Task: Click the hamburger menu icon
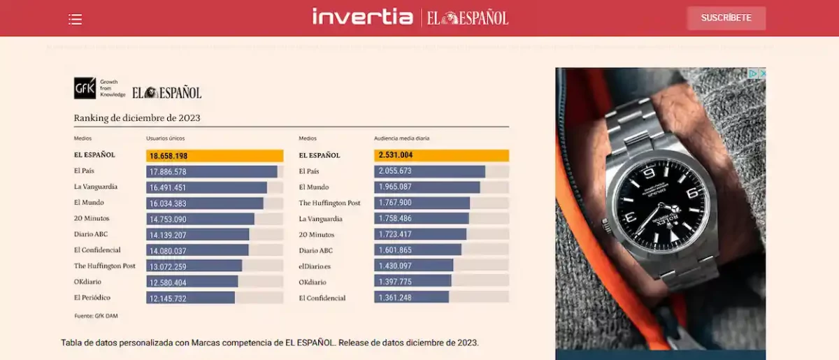pyautogui.click(x=75, y=20)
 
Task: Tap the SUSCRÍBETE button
pyautogui.click(x=726, y=18)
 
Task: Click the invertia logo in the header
pyautogui.click(x=362, y=17)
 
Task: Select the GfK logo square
pyautogui.click(x=85, y=88)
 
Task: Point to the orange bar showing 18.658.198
pyautogui.click(x=214, y=156)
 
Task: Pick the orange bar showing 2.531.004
pyautogui.click(x=441, y=156)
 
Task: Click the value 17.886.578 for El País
pyautogui.click(x=168, y=172)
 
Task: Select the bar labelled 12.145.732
pyautogui.click(x=190, y=298)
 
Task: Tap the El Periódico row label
pyautogui.click(x=92, y=298)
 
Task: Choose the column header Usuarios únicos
pyautogui.click(x=165, y=138)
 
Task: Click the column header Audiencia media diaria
pyautogui.click(x=402, y=138)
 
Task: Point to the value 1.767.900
pyautogui.click(x=395, y=203)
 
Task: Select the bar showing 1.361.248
pyautogui.click(x=413, y=298)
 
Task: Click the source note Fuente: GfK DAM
pyautogui.click(x=96, y=316)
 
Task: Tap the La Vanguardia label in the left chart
pyautogui.click(x=96, y=187)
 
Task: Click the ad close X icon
pyautogui.click(x=762, y=73)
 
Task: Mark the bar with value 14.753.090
pyautogui.click(x=200, y=219)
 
